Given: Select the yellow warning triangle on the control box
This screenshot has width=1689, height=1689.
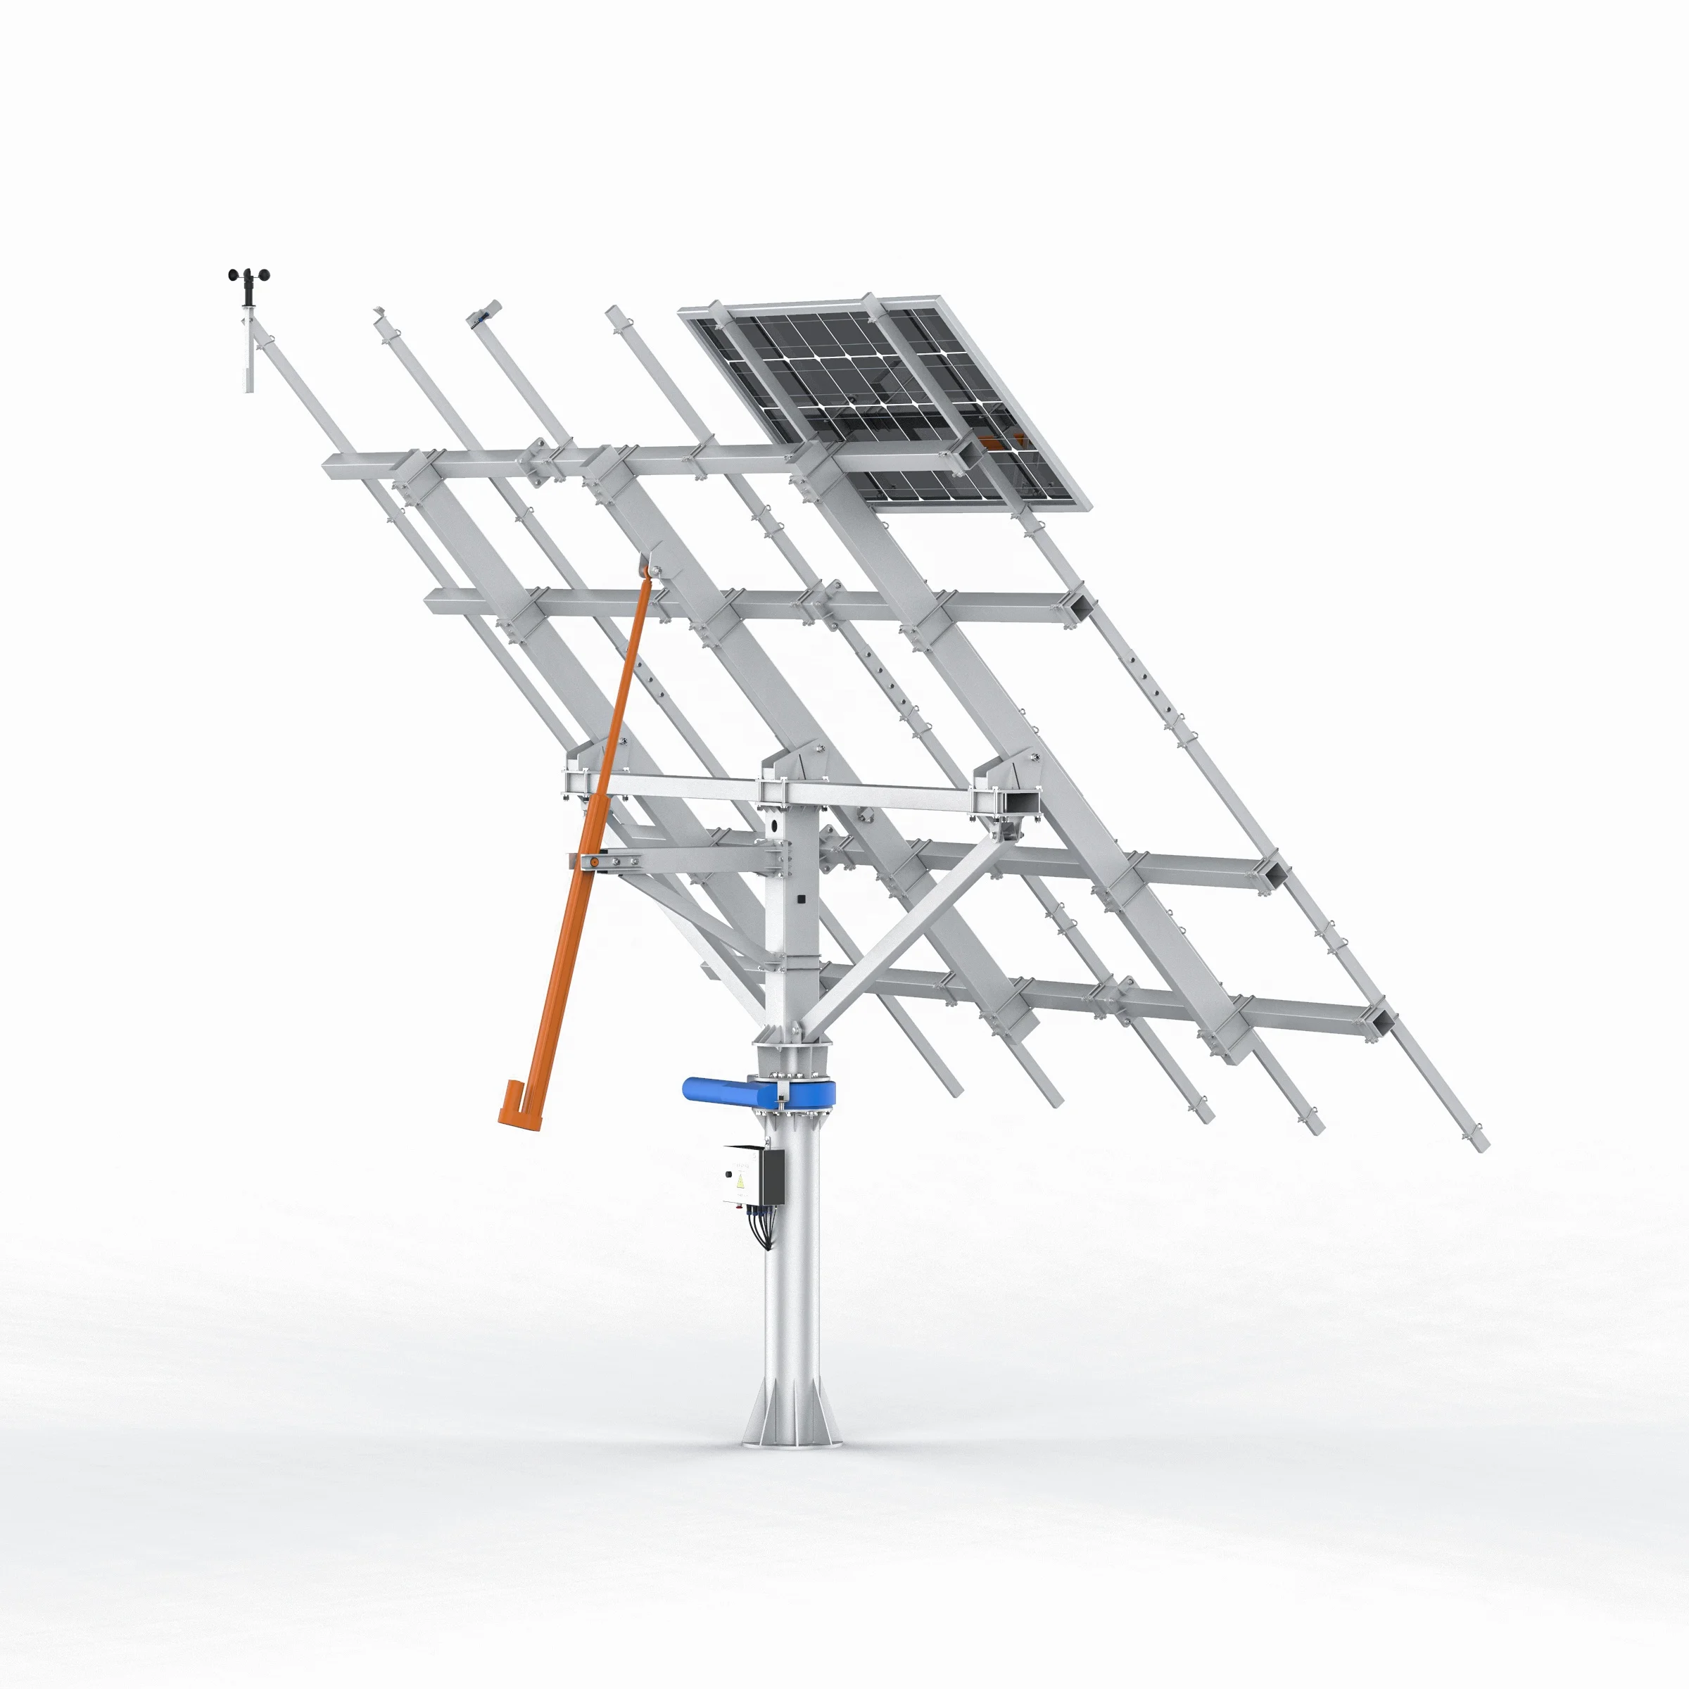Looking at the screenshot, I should [741, 1182].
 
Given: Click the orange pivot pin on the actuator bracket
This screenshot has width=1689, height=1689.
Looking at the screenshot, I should [595, 862].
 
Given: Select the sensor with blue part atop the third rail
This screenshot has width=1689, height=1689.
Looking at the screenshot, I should [483, 314].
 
